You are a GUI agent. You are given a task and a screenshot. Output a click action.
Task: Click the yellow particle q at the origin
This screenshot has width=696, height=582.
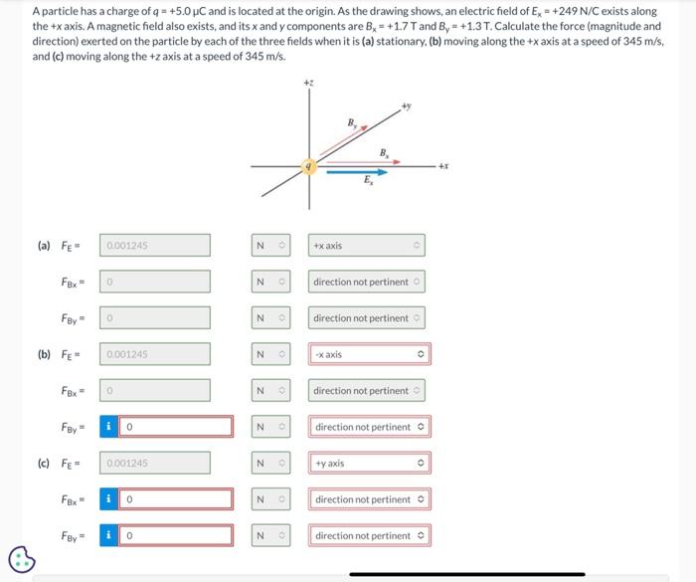[x=310, y=168]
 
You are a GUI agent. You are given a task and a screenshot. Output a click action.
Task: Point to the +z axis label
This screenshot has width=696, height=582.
[x=309, y=83]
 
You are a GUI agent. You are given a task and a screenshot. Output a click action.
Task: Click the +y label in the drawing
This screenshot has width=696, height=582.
[x=406, y=104]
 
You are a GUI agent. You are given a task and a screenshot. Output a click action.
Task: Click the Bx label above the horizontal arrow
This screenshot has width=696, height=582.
[x=384, y=151]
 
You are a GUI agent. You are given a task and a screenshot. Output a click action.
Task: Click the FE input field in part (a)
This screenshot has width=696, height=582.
[x=155, y=246]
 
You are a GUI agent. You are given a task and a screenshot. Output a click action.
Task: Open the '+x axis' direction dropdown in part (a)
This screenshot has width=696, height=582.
[x=367, y=246]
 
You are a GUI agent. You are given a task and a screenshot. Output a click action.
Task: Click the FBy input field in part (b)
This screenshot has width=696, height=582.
[x=176, y=427]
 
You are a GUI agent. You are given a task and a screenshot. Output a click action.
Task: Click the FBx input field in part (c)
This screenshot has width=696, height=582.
[x=176, y=499]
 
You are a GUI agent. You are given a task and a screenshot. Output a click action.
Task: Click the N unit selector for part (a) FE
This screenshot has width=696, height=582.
[x=269, y=246]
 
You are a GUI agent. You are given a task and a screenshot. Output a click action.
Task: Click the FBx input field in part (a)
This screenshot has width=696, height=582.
[x=155, y=282]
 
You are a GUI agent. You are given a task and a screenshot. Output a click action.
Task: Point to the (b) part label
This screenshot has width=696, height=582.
[x=44, y=354]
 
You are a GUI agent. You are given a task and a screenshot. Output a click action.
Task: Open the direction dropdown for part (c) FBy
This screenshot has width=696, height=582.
[x=370, y=536]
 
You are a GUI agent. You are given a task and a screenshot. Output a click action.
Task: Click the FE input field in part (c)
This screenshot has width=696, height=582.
[x=155, y=464]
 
